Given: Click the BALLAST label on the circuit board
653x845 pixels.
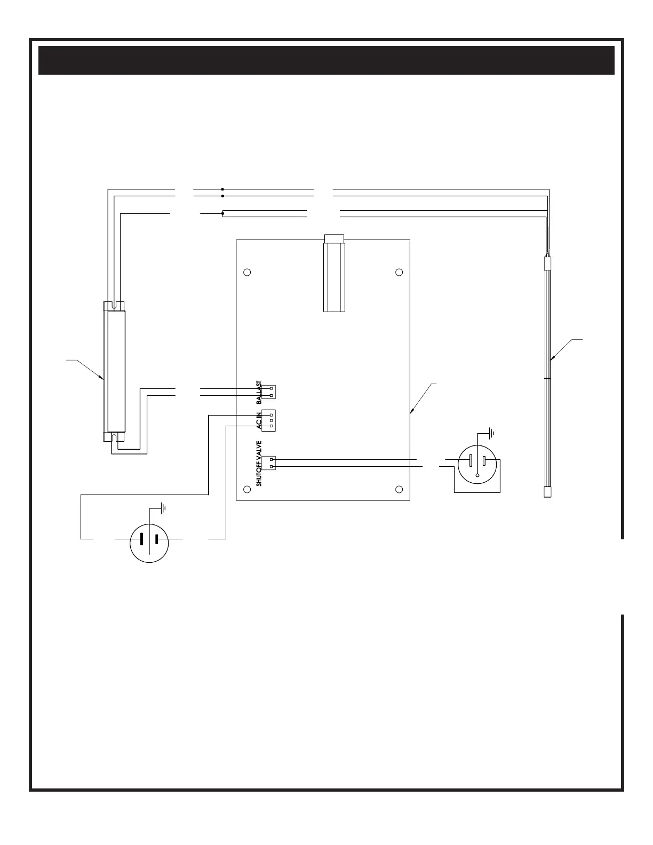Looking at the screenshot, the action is pos(259,393).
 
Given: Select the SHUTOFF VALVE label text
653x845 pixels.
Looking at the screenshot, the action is pos(259,463).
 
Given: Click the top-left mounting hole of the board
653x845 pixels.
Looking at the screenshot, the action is pos(247,273).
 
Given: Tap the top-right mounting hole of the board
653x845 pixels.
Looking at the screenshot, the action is pos(399,273).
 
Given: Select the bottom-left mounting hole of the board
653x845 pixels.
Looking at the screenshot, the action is pos(247,489).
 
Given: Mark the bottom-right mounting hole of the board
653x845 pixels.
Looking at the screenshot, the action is pos(399,489).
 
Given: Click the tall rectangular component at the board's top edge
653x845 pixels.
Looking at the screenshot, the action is pos(334,275).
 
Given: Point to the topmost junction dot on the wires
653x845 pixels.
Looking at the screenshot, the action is pos(222,189).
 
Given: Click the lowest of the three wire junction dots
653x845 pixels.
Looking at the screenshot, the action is pos(222,214).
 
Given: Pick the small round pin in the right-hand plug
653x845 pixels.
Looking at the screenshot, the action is pos(477,475).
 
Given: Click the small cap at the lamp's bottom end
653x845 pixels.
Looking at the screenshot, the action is pos(547,492).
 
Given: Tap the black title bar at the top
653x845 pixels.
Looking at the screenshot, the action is pos(326,60).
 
